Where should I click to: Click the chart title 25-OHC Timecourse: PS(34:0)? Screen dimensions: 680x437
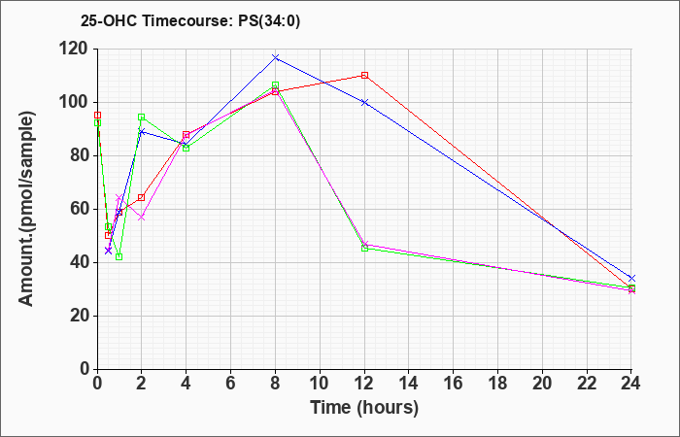pos(190,20)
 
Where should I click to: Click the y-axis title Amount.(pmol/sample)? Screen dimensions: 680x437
pos(26,209)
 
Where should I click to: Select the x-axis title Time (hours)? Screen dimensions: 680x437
pos(364,408)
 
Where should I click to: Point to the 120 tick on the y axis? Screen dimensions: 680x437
pos(77,49)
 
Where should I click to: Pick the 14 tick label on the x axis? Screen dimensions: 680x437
pos(409,383)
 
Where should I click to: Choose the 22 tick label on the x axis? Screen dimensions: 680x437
pos(587,383)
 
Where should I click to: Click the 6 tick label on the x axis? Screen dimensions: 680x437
pos(231,383)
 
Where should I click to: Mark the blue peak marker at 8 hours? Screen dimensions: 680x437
pos(275,57)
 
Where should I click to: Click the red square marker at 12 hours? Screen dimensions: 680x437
pos(364,75)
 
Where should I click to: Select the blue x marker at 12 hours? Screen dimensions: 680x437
pos(364,102)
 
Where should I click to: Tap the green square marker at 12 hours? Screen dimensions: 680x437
pos(364,248)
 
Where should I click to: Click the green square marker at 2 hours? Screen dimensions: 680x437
pos(142,117)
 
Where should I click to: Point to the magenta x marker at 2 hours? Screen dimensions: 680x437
pos(142,217)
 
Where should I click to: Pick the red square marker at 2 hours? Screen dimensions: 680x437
pos(142,197)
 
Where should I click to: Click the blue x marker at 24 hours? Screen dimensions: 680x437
pos(631,278)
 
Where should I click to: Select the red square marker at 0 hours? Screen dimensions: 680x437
pos(97,115)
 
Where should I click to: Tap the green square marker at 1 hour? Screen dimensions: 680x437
pos(119,256)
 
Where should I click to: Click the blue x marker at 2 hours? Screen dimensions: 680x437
pos(142,131)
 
